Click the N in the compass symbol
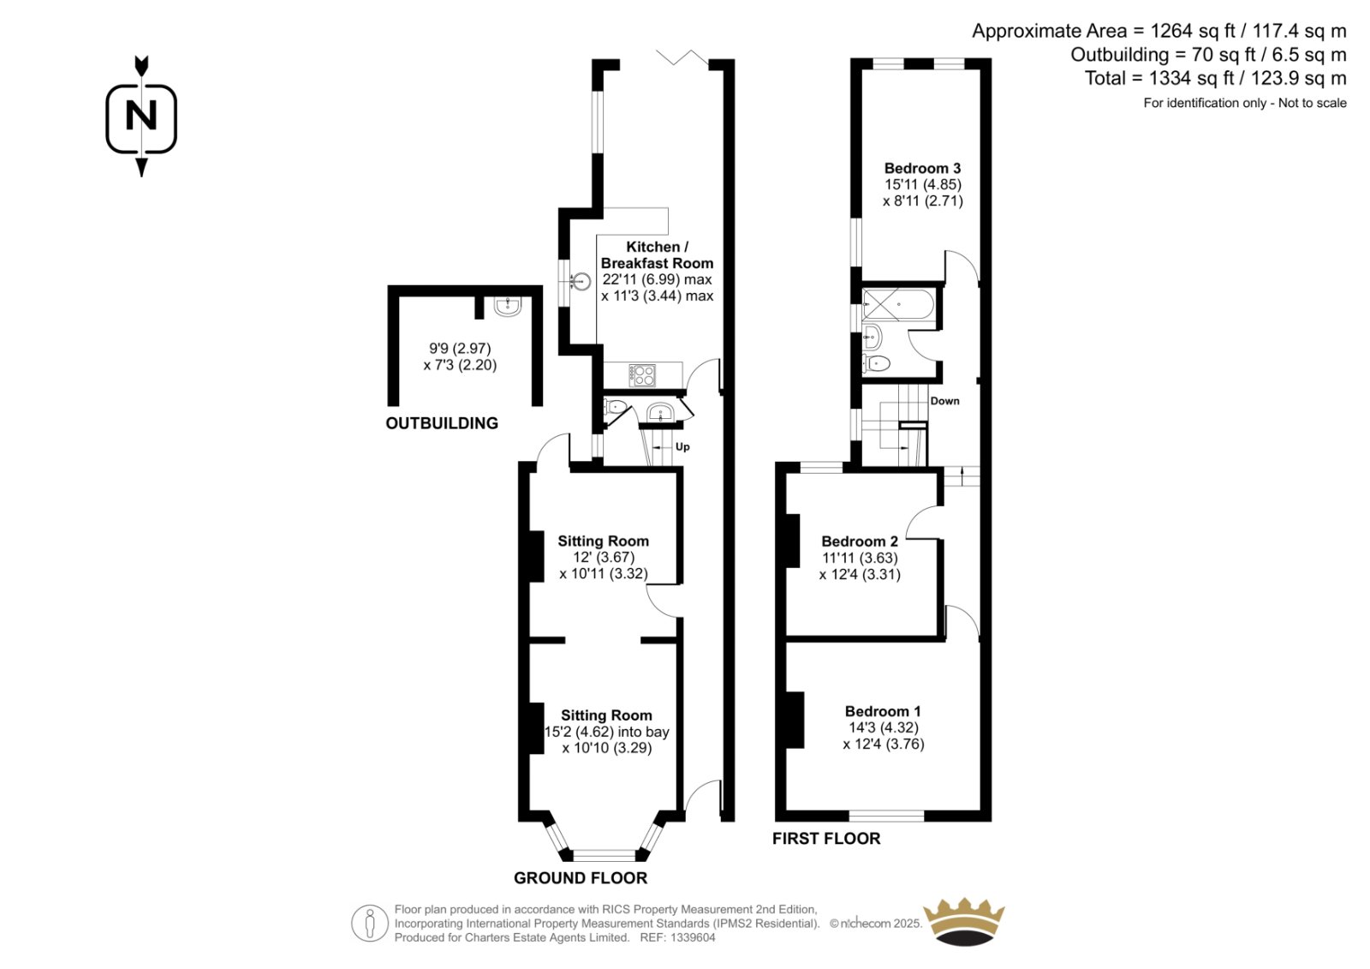[x=141, y=115]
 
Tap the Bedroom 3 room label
[x=922, y=168]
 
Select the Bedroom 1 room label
[x=883, y=711]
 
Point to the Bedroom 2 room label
[x=860, y=541]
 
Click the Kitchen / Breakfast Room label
[x=657, y=254]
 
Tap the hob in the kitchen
[x=642, y=374]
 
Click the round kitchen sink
[x=581, y=282]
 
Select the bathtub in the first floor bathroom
[x=897, y=304]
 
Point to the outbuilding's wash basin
[x=508, y=306]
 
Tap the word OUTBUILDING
[x=442, y=423]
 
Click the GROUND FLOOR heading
[x=581, y=878]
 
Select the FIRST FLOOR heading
[x=826, y=839]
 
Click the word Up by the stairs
[x=682, y=447]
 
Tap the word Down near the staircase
[x=945, y=401]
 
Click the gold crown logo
[x=964, y=921]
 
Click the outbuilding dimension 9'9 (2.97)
[x=460, y=349]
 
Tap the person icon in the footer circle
[x=369, y=923]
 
